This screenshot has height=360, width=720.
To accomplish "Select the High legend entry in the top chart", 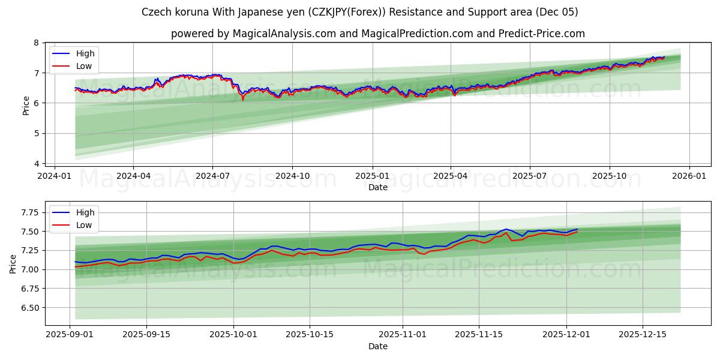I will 85,53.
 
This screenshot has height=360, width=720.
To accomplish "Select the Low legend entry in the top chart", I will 84,66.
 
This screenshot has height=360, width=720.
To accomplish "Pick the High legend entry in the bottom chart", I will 85,212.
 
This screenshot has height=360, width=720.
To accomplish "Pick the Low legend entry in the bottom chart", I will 84,225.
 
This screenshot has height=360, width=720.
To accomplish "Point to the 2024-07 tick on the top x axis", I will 212,176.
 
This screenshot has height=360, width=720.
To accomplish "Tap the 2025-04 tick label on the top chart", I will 451,176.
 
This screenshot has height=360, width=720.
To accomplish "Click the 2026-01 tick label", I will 689,176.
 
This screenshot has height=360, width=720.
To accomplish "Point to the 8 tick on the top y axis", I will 36,43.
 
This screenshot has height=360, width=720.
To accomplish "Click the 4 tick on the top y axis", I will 36,164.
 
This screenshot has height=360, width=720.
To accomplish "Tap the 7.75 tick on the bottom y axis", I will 29,212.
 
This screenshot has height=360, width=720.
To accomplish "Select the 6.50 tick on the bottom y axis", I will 29,308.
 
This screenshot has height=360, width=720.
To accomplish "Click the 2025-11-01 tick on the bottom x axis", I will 403,335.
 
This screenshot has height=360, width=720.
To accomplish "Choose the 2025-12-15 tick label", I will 643,335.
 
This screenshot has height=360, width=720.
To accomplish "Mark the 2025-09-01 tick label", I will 70,335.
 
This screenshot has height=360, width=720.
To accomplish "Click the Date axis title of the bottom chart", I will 378,346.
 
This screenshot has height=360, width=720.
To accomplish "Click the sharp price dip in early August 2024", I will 243,99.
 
